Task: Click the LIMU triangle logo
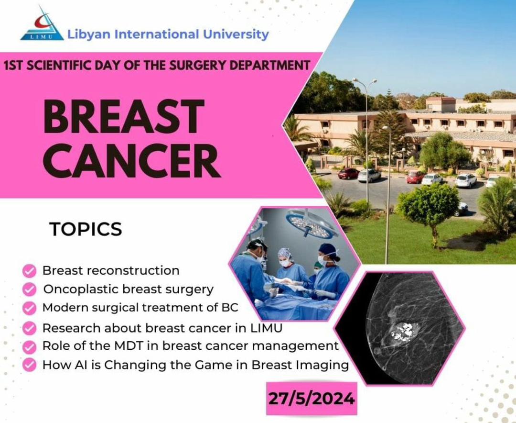[42, 25]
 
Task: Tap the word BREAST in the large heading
[123, 118]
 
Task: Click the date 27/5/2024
[311, 398]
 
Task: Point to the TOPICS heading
[86, 229]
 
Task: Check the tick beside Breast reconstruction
[30, 271]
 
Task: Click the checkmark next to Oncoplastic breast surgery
[30, 289]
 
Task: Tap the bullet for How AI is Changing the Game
[30, 365]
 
